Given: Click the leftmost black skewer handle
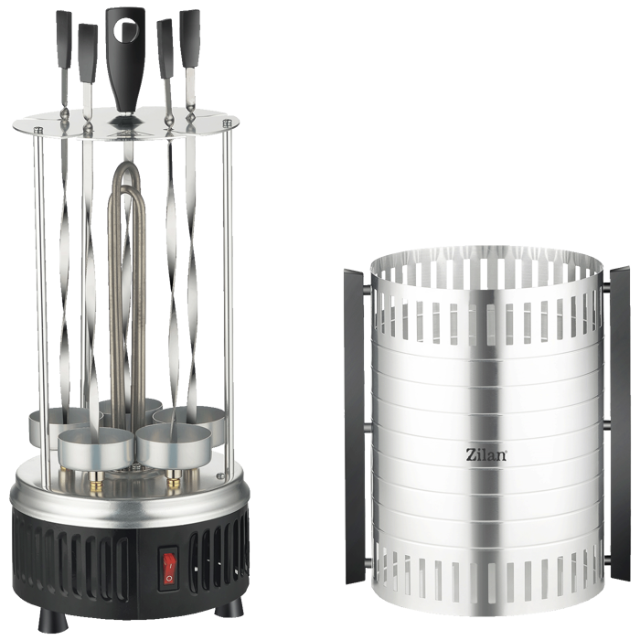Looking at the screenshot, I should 64,41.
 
